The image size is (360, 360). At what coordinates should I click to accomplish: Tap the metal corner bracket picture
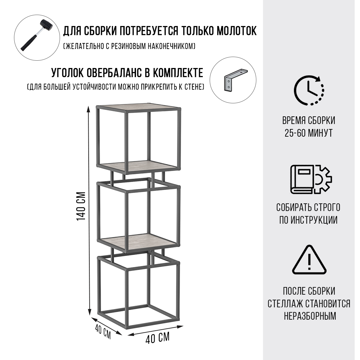pyautogui.click(x=235, y=80)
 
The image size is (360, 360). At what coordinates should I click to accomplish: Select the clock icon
pyautogui.click(x=309, y=90)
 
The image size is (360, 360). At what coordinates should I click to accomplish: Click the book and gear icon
pyautogui.click(x=311, y=179)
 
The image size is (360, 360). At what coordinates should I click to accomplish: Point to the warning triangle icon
pyautogui.click(x=309, y=260)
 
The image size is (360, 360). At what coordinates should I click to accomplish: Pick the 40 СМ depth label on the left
pyautogui.click(x=103, y=332)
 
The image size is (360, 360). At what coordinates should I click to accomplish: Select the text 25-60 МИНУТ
pyautogui.click(x=309, y=133)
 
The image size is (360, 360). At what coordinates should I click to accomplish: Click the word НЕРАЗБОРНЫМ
pyautogui.click(x=310, y=316)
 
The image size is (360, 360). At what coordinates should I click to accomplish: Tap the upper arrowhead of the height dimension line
pyautogui.click(x=88, y=108)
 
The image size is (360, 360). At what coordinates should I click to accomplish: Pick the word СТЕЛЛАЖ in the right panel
pyautogui.click(x=284, y=304)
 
